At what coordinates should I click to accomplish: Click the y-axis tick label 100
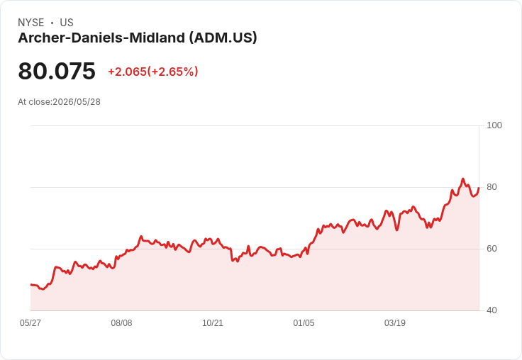tap(494, 125)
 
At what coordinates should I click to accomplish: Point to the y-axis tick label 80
tap(492, 187)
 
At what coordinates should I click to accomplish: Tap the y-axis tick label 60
tap(492, 249)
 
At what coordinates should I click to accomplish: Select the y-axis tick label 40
tap(492, 310)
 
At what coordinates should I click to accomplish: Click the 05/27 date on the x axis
tap(30, 322)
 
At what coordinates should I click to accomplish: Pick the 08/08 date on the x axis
tap(121, 322)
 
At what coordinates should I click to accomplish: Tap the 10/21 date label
tap(213, 322)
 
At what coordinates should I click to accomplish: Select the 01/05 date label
tap(304, 322)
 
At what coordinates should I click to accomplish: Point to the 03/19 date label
tap(395, 322)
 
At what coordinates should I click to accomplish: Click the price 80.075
tap(57, 71)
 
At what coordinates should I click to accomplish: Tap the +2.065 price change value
tap(127, 72)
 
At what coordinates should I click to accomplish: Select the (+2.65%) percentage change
tap(173, 72)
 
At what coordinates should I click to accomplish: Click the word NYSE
tap(31, 23)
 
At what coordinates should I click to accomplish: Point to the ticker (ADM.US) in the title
tap(223, 38)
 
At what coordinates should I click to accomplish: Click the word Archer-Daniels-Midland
tap(101, 38)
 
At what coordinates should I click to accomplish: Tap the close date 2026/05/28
tap(77, 102)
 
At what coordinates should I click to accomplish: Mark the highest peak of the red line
tap(462, 179)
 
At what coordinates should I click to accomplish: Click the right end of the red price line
tap(479, 188)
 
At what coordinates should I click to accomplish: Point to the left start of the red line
tap(30, 284)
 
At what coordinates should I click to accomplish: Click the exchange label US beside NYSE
tap(67, 23)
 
